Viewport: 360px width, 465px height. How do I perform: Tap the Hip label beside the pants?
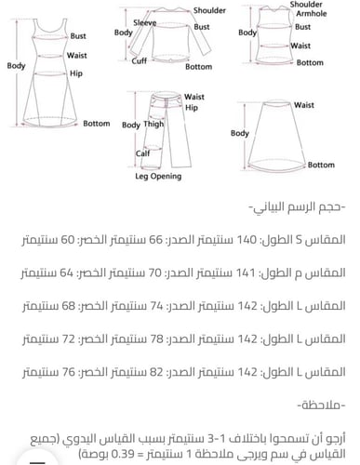coord(192,108)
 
